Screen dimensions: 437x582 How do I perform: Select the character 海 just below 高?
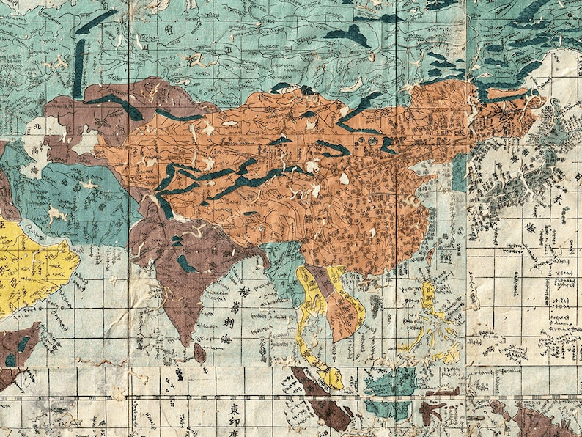[33, 170]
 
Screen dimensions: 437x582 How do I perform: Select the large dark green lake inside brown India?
[186, 262]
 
